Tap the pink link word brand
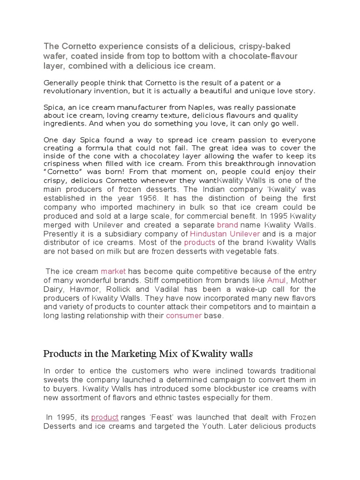point(227,225)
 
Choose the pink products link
point(199,242)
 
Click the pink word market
point(113,271)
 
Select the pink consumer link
point(184,315)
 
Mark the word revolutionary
point(69,91)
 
